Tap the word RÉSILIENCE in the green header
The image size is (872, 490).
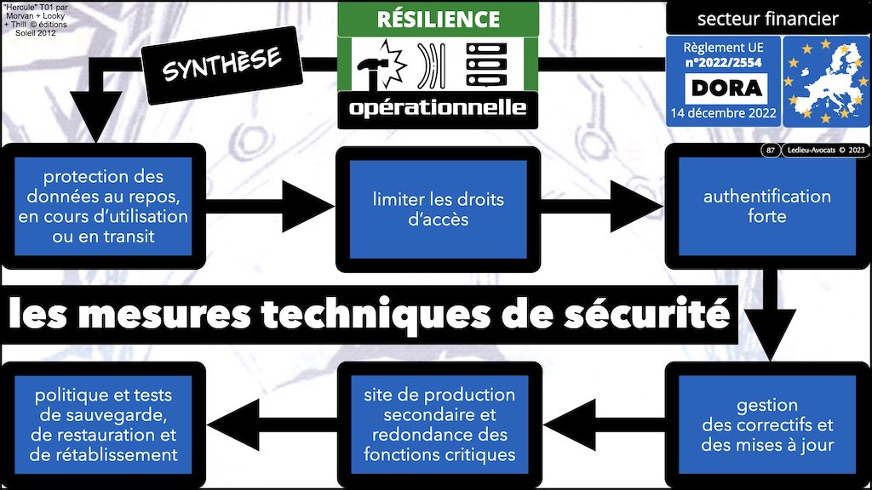coord(438,19)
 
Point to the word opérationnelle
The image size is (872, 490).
coord(438,108)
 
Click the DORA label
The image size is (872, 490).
coord(725,88)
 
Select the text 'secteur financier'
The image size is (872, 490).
coord(767,19)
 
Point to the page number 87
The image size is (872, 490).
coord(770,151)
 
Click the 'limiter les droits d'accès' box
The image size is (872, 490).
coord(438,209)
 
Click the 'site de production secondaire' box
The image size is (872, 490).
coord(439,424)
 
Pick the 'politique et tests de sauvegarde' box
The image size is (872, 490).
coord(106,424)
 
